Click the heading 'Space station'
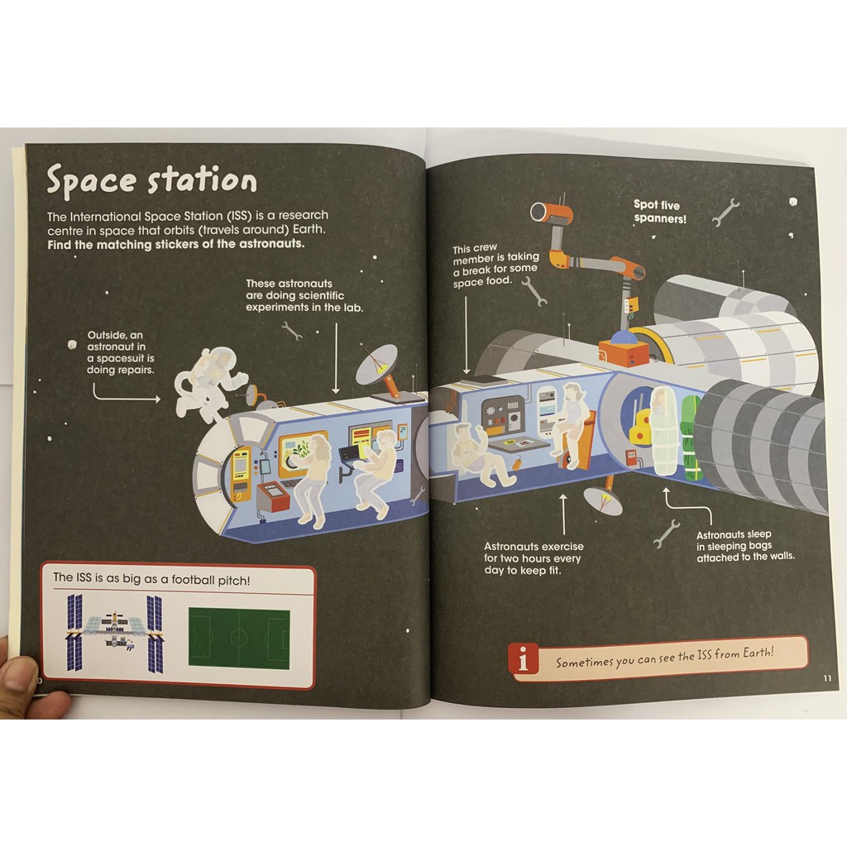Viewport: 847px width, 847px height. click(151, 180)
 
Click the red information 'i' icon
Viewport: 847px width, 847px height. click(524, 660)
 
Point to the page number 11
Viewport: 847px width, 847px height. click(827, 679)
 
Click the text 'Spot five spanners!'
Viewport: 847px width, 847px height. click(660, 212)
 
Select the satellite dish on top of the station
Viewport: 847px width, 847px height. click(378, 364)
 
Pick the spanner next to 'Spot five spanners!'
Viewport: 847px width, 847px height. click(725, 212)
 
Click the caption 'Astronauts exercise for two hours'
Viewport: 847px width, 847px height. click(534, 558)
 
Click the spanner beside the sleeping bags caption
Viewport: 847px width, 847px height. click(666, 534)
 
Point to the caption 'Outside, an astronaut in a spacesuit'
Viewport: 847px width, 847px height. click(121, 352)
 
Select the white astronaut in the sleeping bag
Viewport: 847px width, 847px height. click(663, 430)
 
